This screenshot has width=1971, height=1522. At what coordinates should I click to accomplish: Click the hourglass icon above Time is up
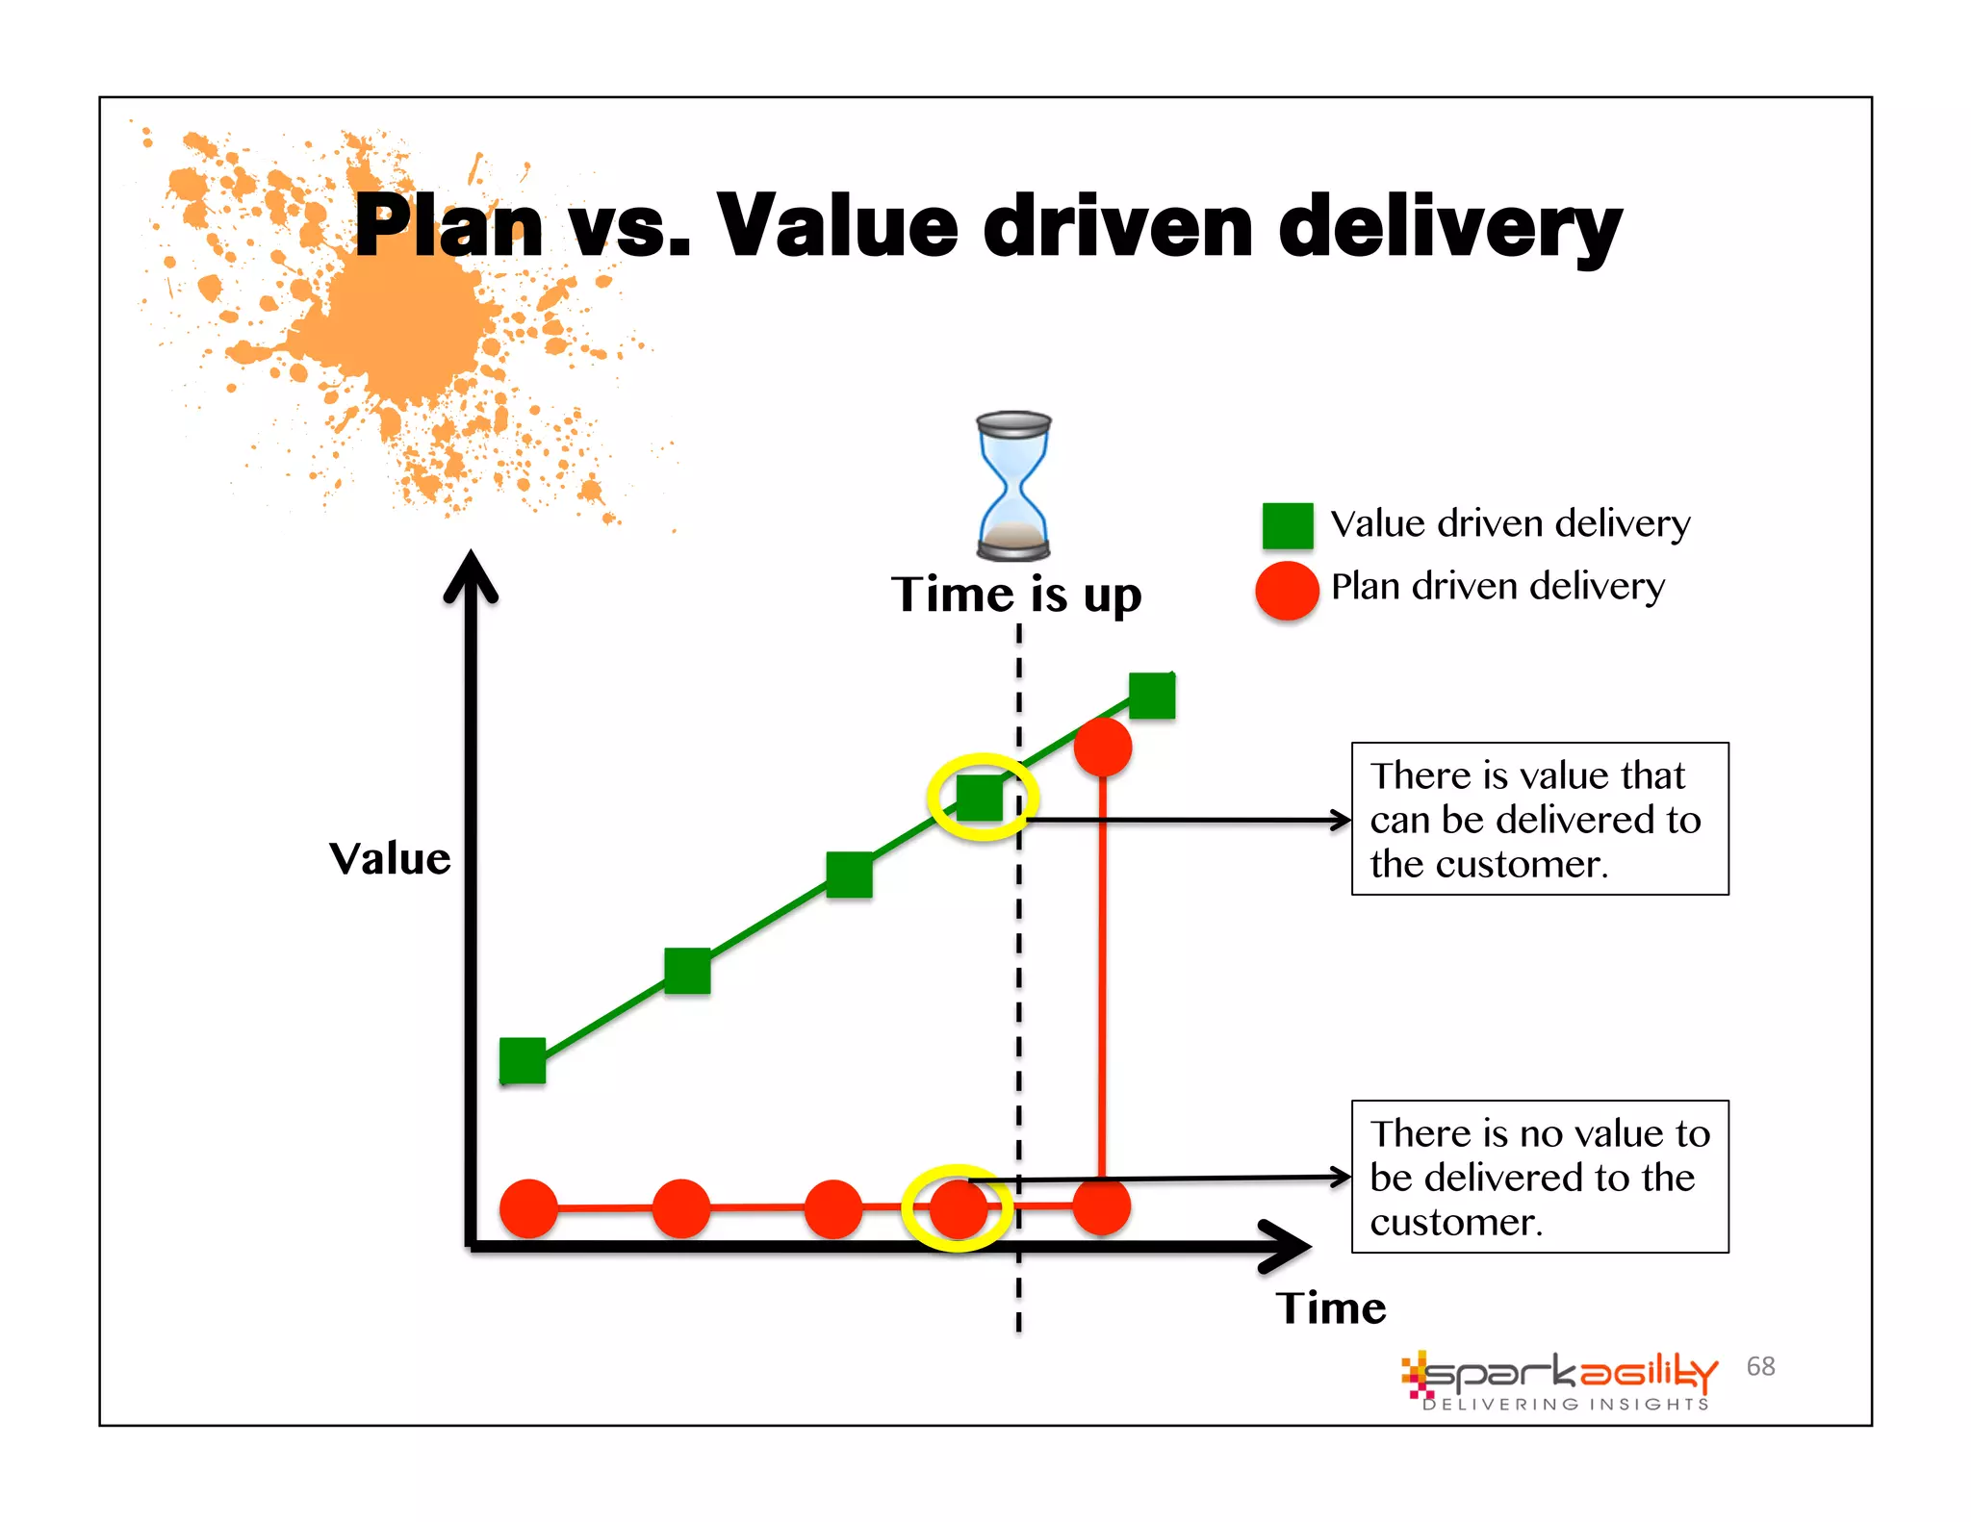(x=1013, y=486)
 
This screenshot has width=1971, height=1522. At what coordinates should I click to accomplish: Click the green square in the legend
(x=1287, y=525)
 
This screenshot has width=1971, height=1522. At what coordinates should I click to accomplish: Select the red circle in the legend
(x=1287, y=590)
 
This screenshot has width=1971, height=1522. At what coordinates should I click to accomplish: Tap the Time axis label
(x=1331, y=1308)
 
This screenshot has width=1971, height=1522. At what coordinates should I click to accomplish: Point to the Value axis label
(x=390, y=858)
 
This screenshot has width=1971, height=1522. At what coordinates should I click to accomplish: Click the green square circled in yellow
(x=980, y=798)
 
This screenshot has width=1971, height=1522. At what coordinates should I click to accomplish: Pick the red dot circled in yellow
(x=958, y=1208)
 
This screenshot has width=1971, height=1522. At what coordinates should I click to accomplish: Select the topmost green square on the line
(x=1152, y=695)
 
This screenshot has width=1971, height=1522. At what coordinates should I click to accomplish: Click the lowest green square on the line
(x=523, y=1060)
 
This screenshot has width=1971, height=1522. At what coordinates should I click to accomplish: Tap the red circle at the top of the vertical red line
(x=1102, y=747)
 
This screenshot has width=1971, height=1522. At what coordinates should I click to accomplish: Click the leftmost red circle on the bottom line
(x=528, y=1207)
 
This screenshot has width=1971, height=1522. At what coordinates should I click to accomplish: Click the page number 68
(x=1760, y=1366)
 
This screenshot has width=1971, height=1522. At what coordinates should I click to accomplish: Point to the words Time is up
(x=1016, y=595)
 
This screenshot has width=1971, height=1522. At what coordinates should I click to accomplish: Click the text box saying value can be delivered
(x=1539, y=819)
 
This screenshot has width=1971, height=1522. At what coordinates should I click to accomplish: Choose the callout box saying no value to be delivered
(x=1539, y=1177)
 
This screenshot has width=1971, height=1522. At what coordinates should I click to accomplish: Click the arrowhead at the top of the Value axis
(x=471, y=577)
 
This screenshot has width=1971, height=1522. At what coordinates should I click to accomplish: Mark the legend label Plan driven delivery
(x=1497, y=586)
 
